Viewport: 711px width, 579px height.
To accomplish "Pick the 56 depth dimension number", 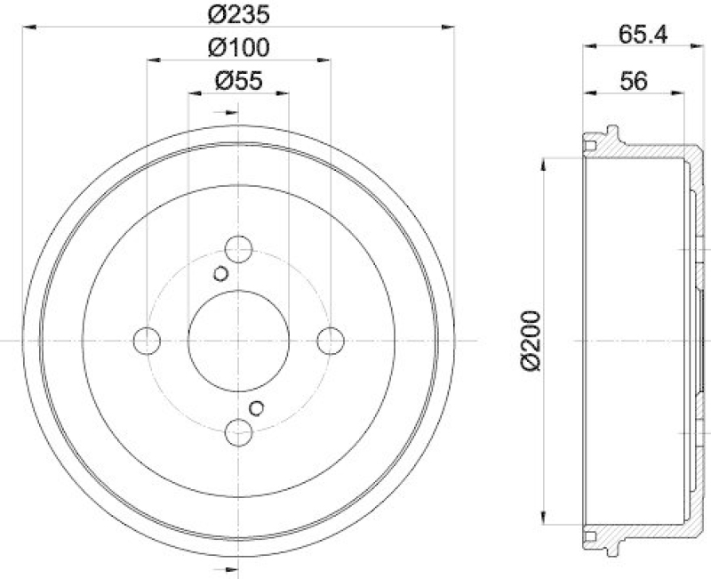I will pos(634,80).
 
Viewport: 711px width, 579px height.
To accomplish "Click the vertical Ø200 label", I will pos(531,340).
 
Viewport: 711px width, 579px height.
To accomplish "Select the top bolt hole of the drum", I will pos(238,248).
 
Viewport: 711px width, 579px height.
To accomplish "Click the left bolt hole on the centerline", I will pos(147,340).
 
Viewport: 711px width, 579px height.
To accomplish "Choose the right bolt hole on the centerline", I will pos(331,340).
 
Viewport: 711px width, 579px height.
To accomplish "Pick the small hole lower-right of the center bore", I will pos(257,407).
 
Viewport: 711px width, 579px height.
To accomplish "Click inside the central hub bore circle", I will pos(238,340).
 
